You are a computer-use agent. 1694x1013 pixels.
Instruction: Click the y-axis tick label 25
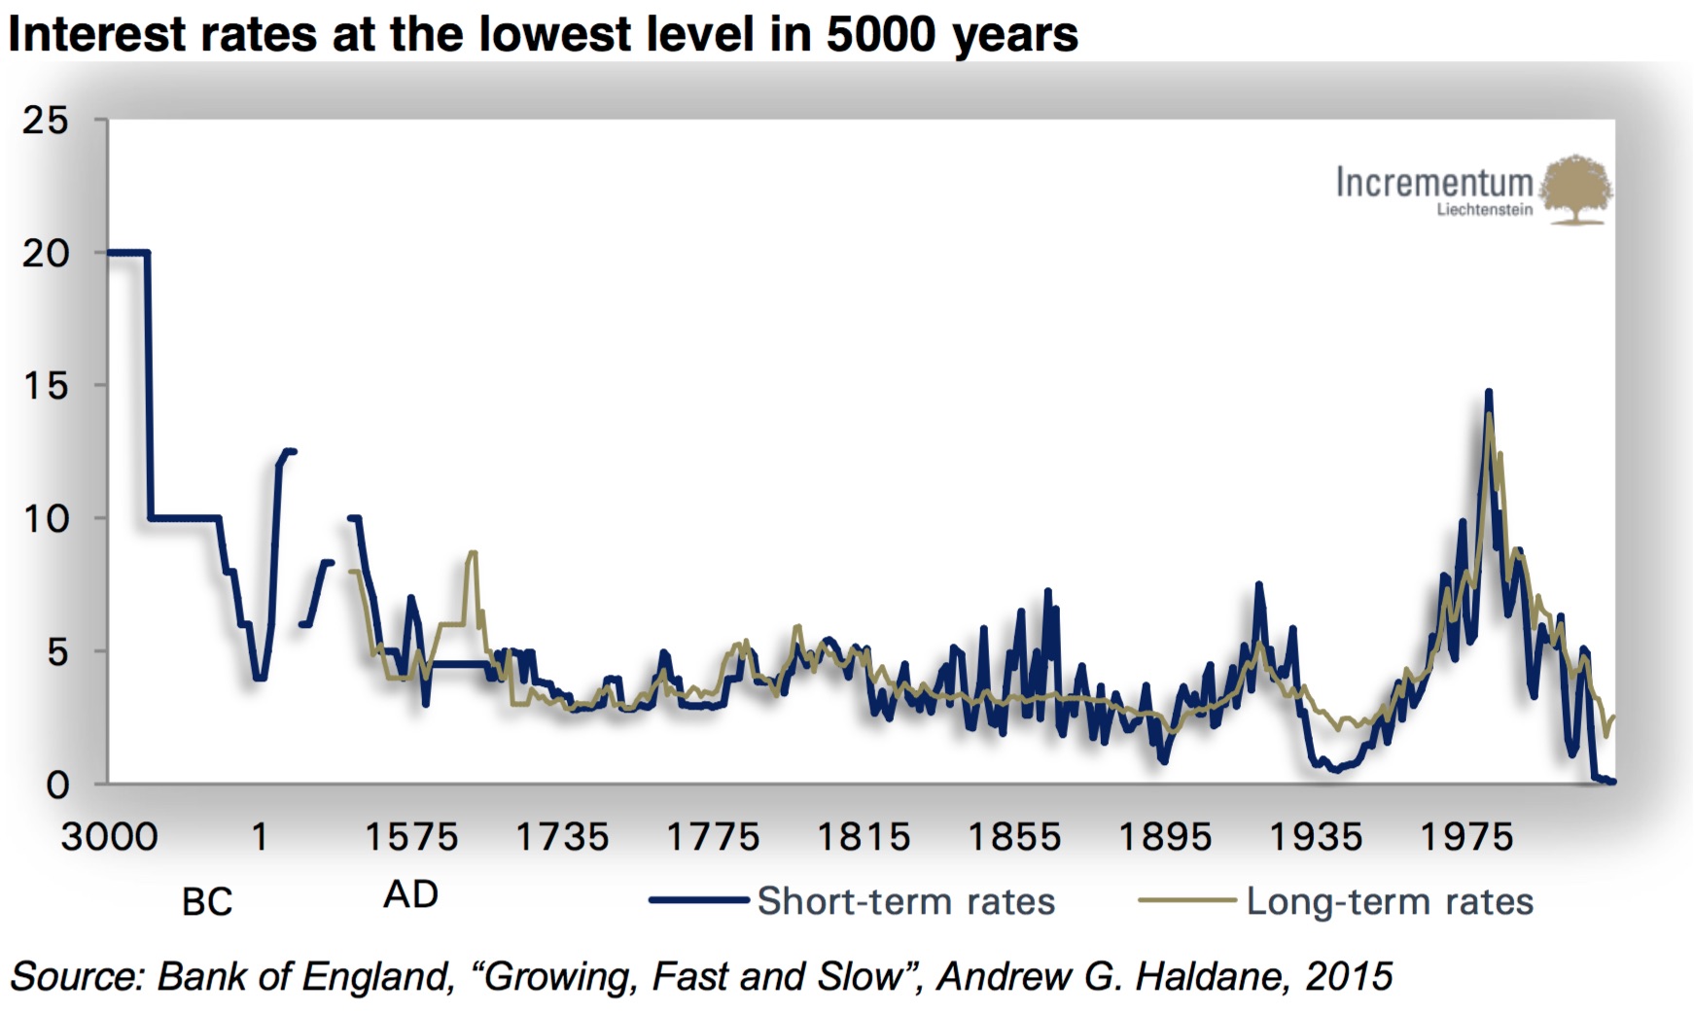click(46, 121)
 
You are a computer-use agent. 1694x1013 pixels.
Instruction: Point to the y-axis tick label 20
click(46, 254)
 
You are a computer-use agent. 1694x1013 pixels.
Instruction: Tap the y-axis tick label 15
click(46, 386)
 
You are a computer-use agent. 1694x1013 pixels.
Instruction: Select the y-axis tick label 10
click(46, 519)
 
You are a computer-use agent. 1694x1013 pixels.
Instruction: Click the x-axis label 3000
click(109, 837)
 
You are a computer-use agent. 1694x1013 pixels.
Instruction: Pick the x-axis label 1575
click(410, 837)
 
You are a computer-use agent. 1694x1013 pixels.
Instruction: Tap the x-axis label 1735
click(561, 837)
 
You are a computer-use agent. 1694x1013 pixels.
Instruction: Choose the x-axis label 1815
click(864, 837)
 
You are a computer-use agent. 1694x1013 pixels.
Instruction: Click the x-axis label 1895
click(1165, 837)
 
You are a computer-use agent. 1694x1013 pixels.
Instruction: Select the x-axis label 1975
click(1466, 837)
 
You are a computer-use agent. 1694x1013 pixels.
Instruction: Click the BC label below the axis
click(207, 902)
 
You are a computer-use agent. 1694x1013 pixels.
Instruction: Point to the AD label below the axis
click(410, 894)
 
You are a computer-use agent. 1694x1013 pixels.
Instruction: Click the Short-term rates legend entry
click(905, 901)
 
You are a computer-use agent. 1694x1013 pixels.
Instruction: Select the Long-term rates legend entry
click(1390, 901)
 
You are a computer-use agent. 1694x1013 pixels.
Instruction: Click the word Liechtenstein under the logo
click(1484, 210)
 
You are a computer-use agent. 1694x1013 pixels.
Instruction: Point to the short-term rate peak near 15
click(1488, 393)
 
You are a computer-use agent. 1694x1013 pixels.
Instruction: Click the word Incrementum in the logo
click(1433, 182)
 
